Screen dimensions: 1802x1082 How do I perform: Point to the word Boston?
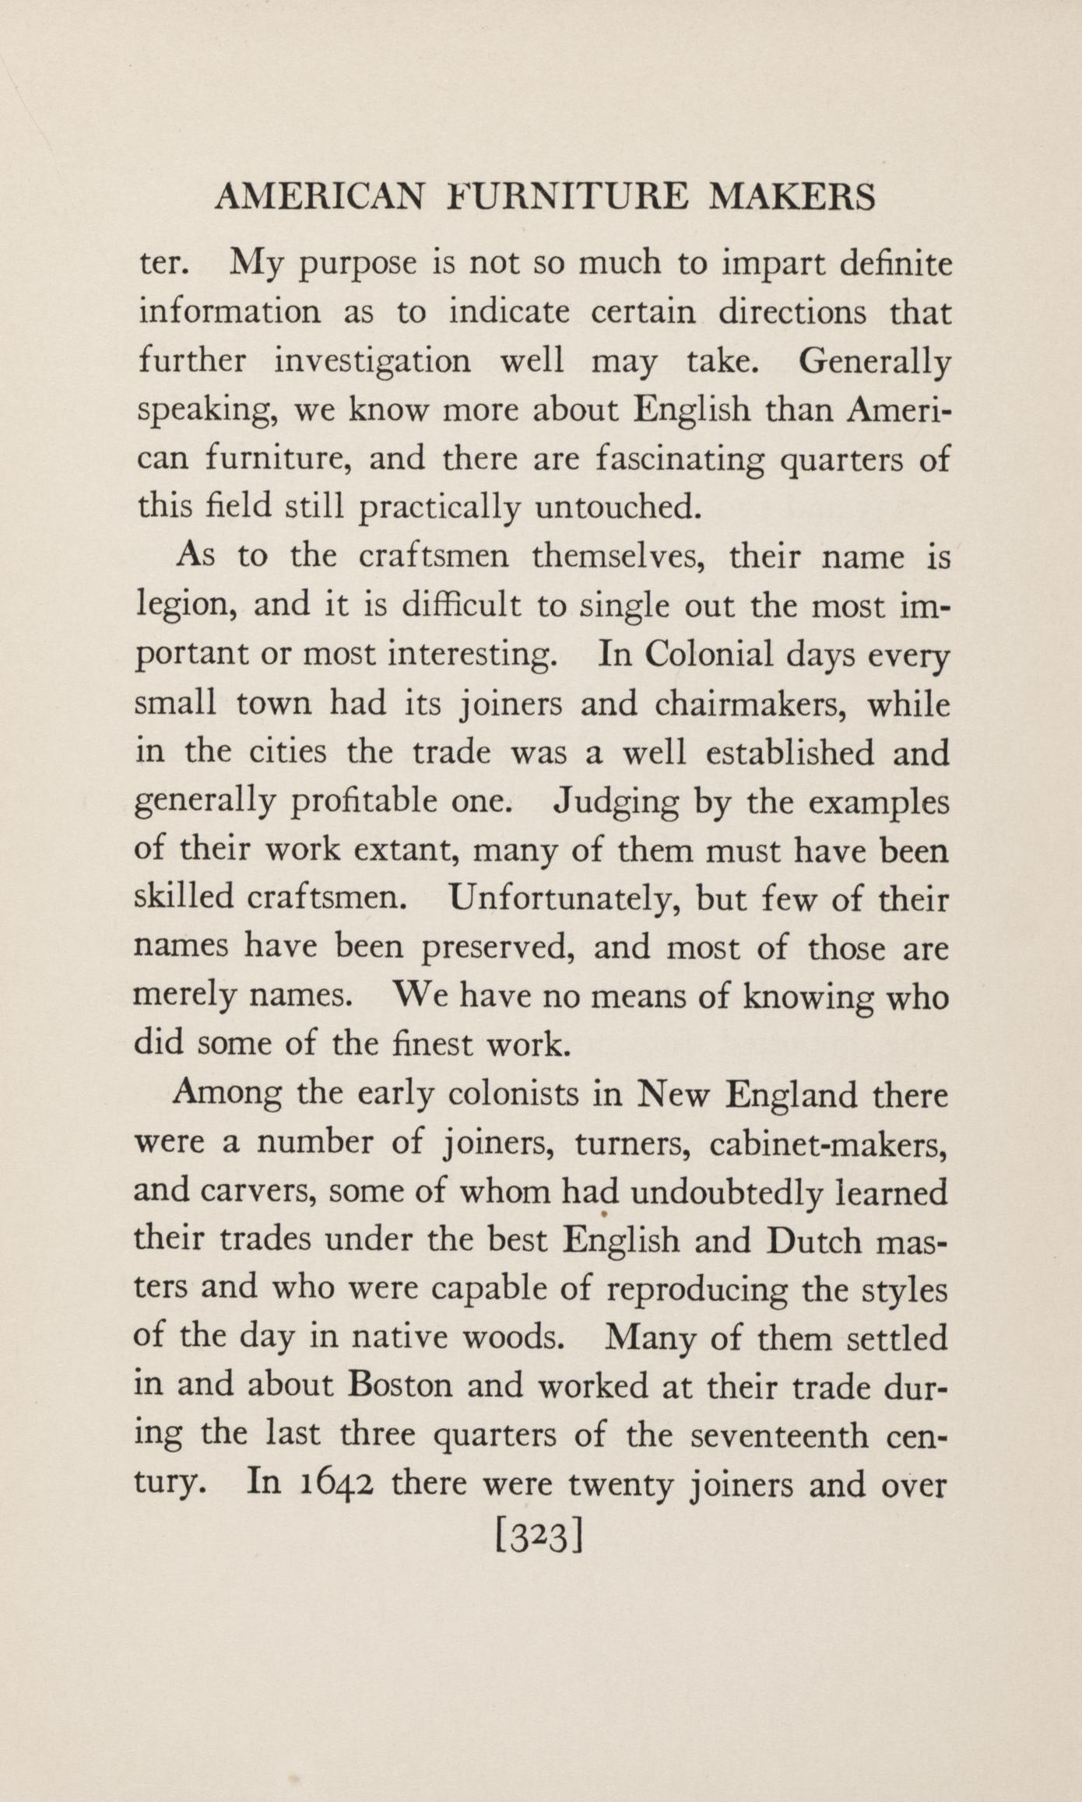[401, 1386]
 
